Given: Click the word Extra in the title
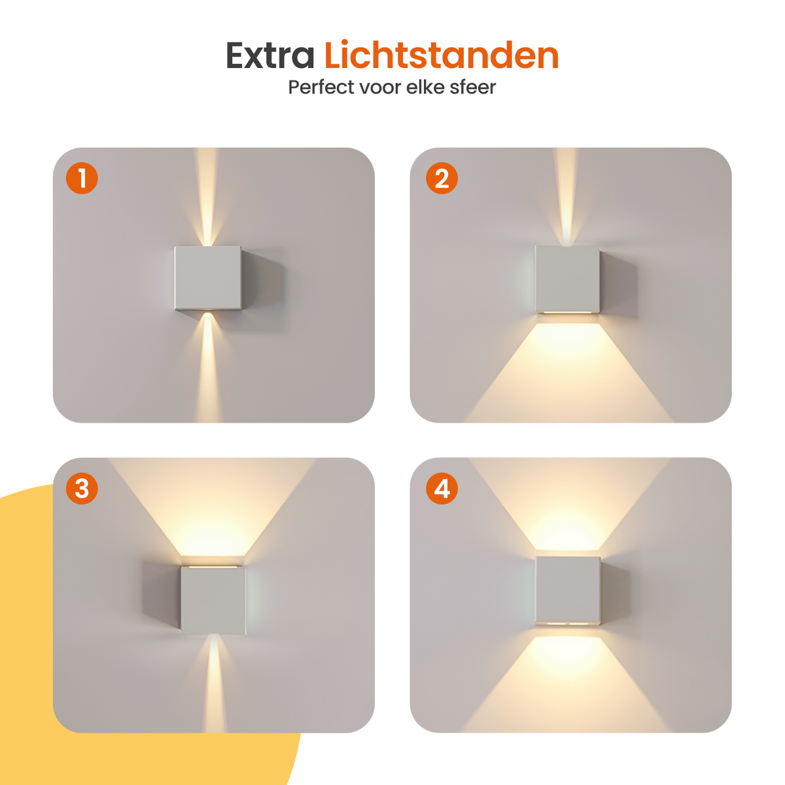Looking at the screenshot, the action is click(270, 56).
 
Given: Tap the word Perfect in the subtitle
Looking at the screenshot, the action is click(321, 87).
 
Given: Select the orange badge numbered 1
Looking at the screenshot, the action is click(82, 178).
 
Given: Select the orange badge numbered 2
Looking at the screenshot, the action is click(442, 178).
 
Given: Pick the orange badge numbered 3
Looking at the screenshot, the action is click(82, 489).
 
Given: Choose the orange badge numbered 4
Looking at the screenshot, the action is click(442, 489).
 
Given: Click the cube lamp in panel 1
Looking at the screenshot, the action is click(208, 278).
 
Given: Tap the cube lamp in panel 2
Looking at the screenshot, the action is click(567, 279).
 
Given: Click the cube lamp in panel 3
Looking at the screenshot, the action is click(213, 600).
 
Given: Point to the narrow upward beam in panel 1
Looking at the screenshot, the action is click(207, 197).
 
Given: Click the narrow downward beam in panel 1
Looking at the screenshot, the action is click(208, 366).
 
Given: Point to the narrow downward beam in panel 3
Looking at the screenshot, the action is click(214, 684).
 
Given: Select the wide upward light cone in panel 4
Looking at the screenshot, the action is click(568, 504).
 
